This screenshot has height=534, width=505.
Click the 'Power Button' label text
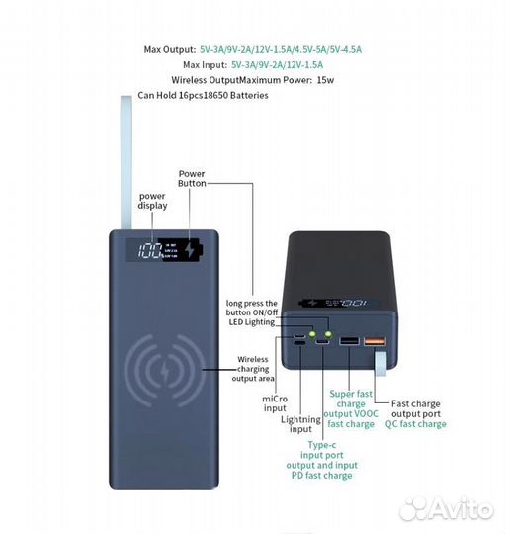[x=192, y=177]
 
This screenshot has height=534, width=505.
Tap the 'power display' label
[x=151, y=201]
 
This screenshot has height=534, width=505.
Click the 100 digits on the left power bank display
[x=151, y=251]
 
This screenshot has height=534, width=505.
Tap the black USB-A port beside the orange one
[x=349, y=341]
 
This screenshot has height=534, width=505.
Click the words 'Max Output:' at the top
[x=169, y=48]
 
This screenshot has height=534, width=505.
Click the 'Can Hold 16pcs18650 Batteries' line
[x=203, y=95]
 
